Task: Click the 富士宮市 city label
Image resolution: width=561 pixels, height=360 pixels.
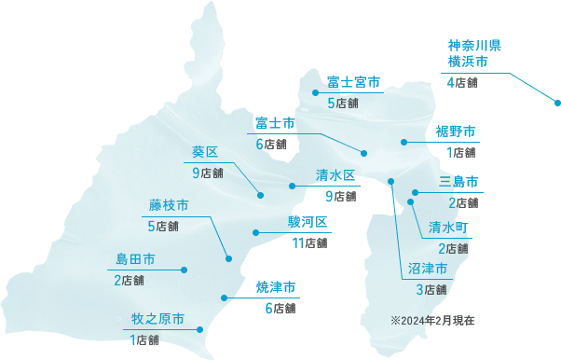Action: (354, 83)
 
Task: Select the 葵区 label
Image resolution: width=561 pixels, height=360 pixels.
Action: (205, 152)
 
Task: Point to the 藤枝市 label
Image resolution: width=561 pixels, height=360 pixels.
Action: (169, 205)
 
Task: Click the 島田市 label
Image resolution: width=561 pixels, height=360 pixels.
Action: (135, 258)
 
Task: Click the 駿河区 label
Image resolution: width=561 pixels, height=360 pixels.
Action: (308, 222)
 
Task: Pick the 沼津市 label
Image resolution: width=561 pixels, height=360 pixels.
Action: (428, 269)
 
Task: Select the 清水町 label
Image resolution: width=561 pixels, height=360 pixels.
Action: (448, 227)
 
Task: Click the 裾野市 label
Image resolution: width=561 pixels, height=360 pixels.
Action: (457, 131)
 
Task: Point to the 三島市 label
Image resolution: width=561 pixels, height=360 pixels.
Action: (458, 181)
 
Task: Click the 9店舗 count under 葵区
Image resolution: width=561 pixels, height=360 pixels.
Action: (208, 173)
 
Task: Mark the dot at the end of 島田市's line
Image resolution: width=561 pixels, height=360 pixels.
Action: (185, 270)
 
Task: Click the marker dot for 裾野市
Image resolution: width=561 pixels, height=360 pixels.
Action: (404, 142)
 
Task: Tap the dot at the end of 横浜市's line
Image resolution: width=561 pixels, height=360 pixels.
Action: (555, 102)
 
